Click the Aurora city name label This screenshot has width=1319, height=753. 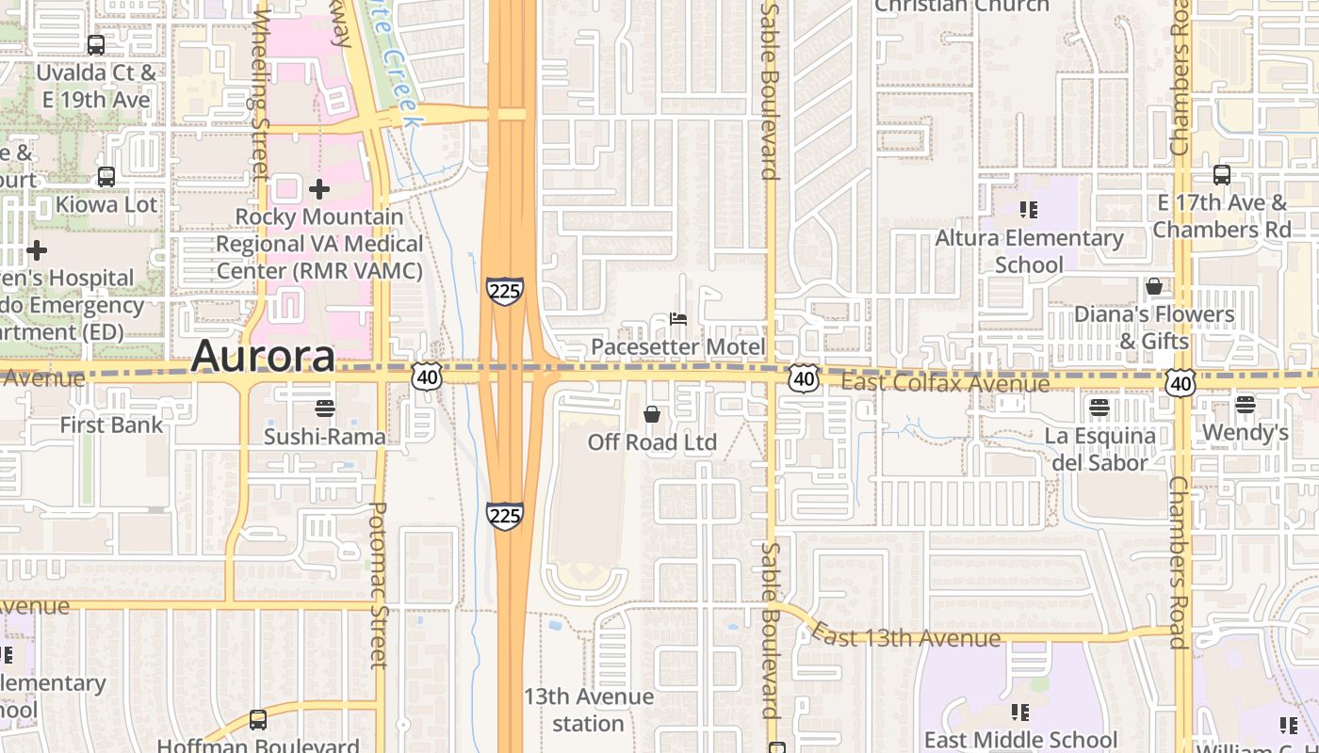click(263, 357)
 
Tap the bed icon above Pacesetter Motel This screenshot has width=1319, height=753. click(677, 319)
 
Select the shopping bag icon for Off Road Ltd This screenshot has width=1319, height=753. click(651, 414)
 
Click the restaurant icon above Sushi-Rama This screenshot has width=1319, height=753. click(325, 408)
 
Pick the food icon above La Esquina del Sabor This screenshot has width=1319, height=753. click(1099, 408)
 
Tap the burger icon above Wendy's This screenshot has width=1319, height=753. click(1245, 405)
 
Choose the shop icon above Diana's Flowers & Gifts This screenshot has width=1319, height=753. click(1154, 286)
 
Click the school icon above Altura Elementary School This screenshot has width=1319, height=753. click(1028, 209)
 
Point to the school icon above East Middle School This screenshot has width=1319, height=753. click(1020, 712)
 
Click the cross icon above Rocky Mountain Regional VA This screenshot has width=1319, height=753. click(319, 189)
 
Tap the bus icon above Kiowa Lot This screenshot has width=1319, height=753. click(106, 176)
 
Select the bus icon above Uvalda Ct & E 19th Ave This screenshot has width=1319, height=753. click(95, 44)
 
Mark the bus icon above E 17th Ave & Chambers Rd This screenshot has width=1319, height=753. click(1222, 174)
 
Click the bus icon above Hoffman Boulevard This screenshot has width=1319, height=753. click(257, 720)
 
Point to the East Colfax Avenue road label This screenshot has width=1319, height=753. click(945, 383)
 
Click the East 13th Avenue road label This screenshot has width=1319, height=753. click(905, 637)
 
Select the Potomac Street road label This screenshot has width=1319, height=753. click(377, 584)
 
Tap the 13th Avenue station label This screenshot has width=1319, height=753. click(588, 710)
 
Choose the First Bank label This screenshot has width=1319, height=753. click(111, 425)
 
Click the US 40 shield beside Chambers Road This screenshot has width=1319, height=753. click(1181, 381)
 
